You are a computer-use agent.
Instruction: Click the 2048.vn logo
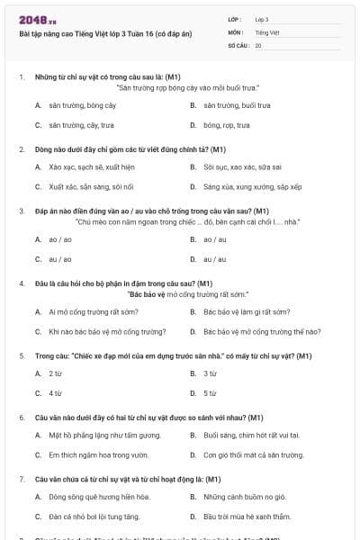pos(31,19)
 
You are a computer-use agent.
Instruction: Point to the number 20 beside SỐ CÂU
pos(258,44)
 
